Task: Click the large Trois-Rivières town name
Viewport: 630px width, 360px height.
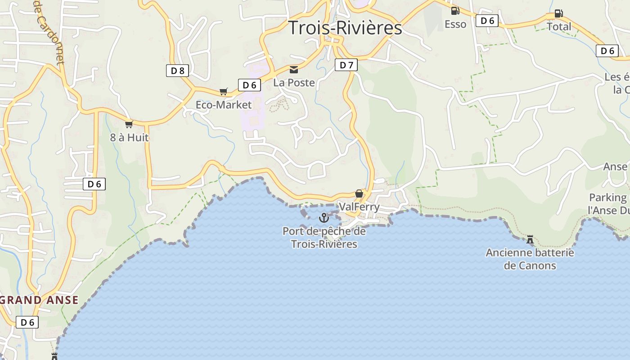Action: [x=345, y=28]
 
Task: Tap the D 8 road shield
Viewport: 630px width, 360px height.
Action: [x=177, y=70]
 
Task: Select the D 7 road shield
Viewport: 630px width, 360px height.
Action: [x=346, y=65]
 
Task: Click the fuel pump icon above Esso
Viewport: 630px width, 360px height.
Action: [x=455, y=11]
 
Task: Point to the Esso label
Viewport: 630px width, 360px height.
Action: [x=455, y=24]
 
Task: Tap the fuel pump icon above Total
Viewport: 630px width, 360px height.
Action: [x=558, y=13]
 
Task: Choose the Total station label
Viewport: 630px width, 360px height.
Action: [x=559, y=27]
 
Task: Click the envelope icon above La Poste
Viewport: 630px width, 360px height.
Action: [x=294, y=69]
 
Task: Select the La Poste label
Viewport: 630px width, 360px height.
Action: [x=294, y=82]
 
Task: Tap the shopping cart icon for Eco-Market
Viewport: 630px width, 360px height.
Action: [x=224, y=92]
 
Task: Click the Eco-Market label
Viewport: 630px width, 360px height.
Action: [x=224, y=105]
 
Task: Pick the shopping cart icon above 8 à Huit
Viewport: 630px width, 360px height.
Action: [x=129, y=124]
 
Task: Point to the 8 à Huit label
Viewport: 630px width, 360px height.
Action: [x=129, y=138]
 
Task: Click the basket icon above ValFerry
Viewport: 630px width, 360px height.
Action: [x=359, y=194]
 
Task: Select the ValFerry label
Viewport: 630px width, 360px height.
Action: [x=359, y=207]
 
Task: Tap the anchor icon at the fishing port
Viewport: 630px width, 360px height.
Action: [x=324, y=218]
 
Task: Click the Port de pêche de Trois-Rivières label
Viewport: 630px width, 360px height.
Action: [x=324, y=238]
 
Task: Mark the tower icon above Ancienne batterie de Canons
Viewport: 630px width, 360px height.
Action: [x=530, y=239]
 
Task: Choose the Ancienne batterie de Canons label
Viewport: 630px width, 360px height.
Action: [x=530, y=259]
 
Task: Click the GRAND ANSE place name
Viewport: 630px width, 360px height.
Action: [x=40, y=300]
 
